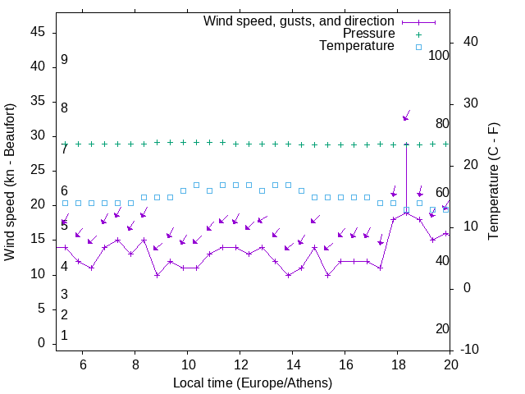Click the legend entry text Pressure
tap(368, 34)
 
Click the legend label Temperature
tap(357, 46)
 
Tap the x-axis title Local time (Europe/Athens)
tap(253, 383)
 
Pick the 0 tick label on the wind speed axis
tap(42, 344)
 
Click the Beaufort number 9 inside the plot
tap(64, 60)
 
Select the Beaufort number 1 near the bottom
tap(64, 335)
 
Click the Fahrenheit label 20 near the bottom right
tap(442, 328)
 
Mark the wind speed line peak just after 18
tap(406, 213)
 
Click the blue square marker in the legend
tap(418, 47)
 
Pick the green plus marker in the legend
tap(418, 34)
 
